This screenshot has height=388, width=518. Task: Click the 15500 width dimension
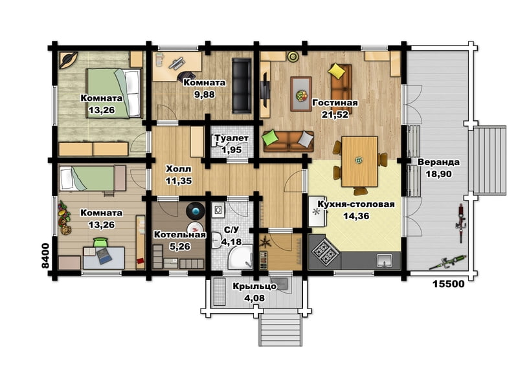coord(448,284)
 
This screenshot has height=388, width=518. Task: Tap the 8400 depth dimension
coord(45,255)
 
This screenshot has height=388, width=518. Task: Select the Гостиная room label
coord(335,103)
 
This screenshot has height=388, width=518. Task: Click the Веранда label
coord(438,162)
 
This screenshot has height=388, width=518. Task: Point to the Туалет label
coord(232,138)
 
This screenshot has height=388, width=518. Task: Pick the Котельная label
coord(180,235)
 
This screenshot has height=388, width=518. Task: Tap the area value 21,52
coord(335,114)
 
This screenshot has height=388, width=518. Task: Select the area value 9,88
coord(205,94)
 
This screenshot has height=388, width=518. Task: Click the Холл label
coord(179,169)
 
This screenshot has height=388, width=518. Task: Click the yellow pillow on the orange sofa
coord(336,71)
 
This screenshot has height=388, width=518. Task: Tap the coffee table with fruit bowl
coord(301,94)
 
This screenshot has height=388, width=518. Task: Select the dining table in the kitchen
coord(359,161)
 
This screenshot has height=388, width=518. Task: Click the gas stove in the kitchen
coord(325,252)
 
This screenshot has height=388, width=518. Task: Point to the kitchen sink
coord(384,260)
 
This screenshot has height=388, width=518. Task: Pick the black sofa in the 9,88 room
coord(242,86)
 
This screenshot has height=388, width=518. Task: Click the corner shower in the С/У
coord(240,257)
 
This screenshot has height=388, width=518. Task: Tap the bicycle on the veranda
coord(461,224)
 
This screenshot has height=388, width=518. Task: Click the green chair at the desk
coord(101,242)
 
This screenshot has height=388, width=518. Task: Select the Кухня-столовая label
coord(356,204)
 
